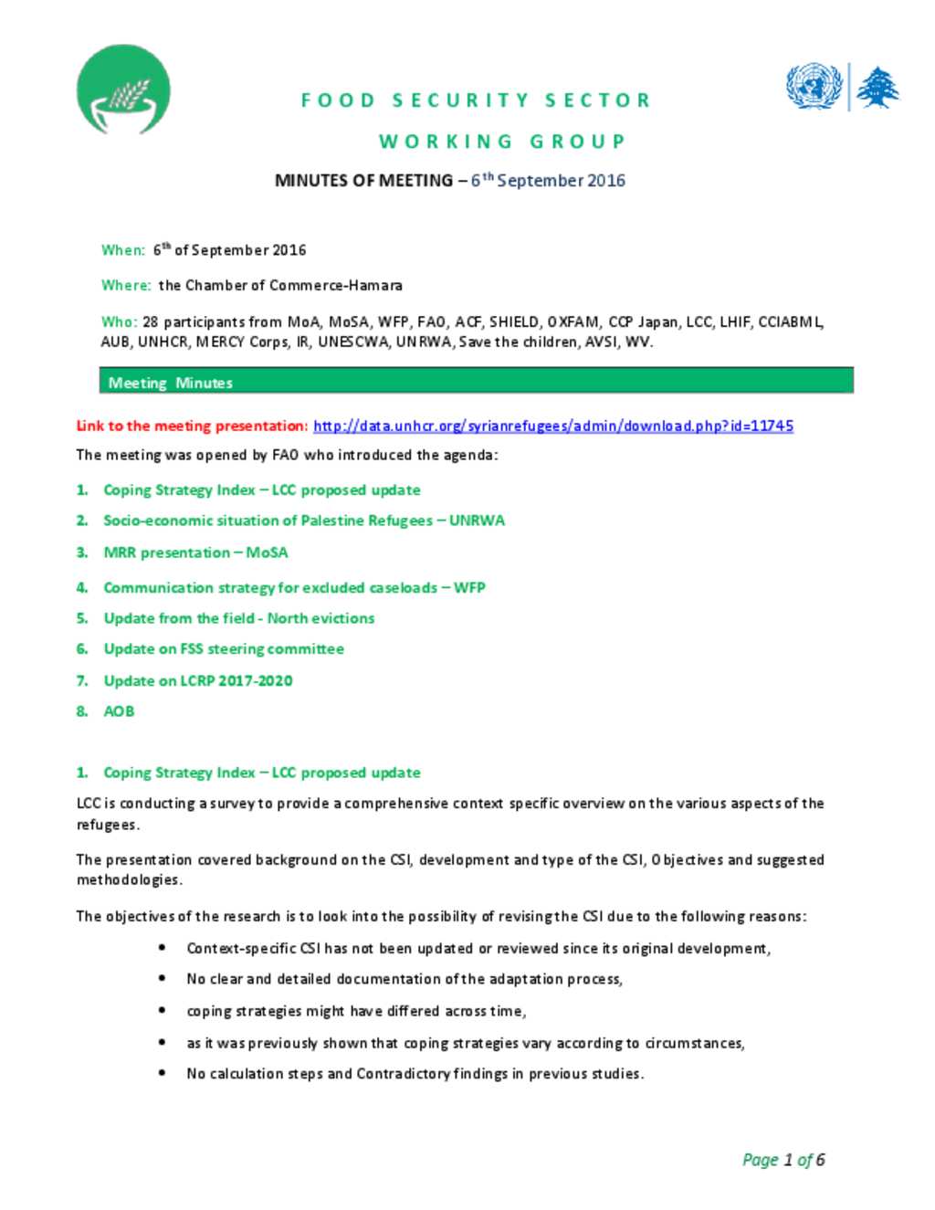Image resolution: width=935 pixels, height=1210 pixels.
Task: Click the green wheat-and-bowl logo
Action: (x=123, y=89)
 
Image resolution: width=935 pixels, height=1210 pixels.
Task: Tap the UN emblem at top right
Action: (x=813, y=87)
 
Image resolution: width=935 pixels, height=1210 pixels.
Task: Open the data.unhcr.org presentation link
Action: (x=552, y=426)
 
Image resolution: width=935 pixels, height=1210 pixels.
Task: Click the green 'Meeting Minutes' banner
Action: (x=476, y=382)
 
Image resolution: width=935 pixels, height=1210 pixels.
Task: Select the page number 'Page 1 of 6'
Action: (x=783, y=1160)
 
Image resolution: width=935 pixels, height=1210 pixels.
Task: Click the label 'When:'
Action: (x=123, y=250)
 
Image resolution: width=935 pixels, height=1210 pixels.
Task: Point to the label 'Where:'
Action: (x=126, y=286)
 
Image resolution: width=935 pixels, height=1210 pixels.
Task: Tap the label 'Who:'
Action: (x=119, y=321)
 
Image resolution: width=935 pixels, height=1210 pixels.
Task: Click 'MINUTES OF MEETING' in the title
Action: (x=363, y=181)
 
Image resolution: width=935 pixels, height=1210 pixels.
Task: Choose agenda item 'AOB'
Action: (x=119, y=711)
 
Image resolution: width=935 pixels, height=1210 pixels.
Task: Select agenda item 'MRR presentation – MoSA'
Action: (x=195, y=552)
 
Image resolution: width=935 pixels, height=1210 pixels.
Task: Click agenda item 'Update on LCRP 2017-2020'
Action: (x=198, y=680)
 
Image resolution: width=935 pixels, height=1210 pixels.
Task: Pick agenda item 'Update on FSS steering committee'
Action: (x=224, y=649)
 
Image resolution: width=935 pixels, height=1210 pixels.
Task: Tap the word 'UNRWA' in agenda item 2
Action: (x=477, y=521)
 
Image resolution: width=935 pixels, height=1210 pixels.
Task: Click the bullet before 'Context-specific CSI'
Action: (x=162, y=948)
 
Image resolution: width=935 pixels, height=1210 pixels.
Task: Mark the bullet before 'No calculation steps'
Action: (x=162, y=1073)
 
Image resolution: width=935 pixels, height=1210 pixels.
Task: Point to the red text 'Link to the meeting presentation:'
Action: (x=192, y=426)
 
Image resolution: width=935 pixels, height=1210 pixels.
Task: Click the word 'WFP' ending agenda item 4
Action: (x=469, y=588)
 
